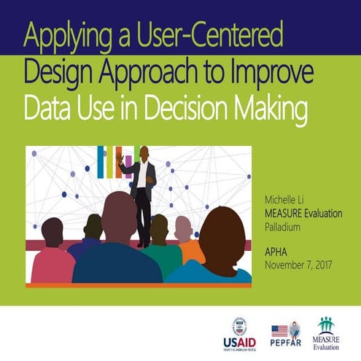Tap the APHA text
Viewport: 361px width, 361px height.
(276, 250)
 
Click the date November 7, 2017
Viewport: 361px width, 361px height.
(298, 263)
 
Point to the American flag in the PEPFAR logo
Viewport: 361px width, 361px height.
(279, 330)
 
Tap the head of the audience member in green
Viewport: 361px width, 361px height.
(159, 228)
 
